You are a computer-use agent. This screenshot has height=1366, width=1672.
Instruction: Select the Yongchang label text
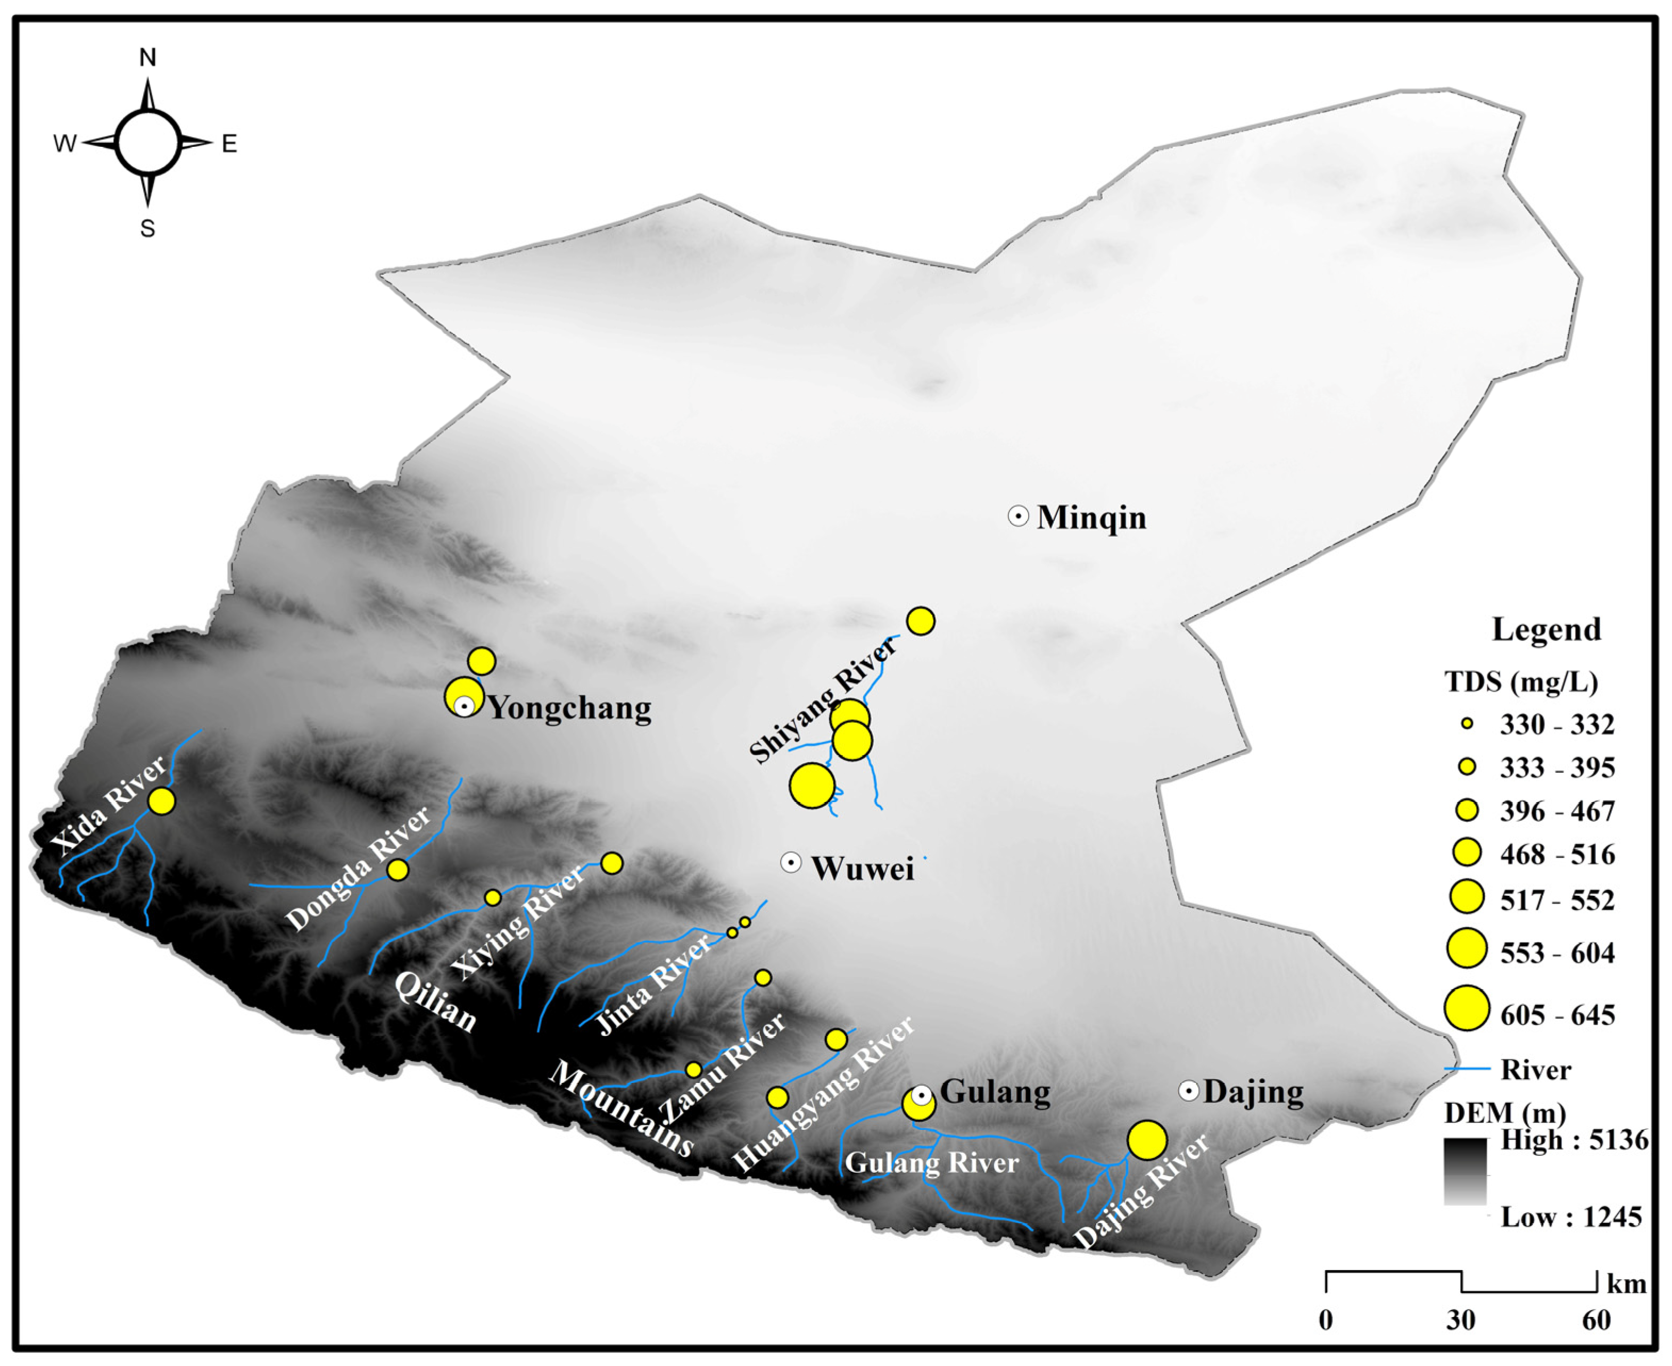pos(570,708)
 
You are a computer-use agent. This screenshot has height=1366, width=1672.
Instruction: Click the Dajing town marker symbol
pos(1189,1090)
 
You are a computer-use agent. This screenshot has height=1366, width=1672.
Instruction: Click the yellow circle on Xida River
pos(161,801)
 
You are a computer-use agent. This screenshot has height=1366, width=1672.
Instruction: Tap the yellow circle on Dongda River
pos(398,870)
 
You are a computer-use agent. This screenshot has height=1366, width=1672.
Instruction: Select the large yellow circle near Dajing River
pos(1147,1139)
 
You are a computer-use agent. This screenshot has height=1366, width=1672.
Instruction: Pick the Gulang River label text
pos(931,1163)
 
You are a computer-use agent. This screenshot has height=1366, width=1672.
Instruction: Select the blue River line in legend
pos(1467,1069)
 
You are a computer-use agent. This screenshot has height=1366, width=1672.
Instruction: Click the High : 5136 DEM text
pos(1574,1140)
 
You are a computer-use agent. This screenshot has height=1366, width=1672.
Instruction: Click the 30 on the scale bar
pos(1460,1320)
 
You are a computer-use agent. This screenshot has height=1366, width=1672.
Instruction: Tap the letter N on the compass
pos(147,57)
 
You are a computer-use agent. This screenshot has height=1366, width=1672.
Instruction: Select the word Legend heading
pos(1546,629)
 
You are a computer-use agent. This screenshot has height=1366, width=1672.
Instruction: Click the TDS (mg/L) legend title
pos(1521,681)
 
